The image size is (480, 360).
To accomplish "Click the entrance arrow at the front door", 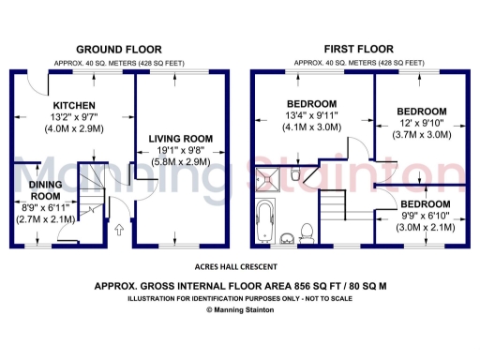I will point(118,228).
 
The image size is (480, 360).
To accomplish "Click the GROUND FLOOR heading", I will point(118,49).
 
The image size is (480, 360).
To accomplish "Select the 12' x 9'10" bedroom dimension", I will point(420,122).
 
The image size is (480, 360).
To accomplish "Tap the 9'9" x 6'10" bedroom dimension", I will point(424,216).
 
